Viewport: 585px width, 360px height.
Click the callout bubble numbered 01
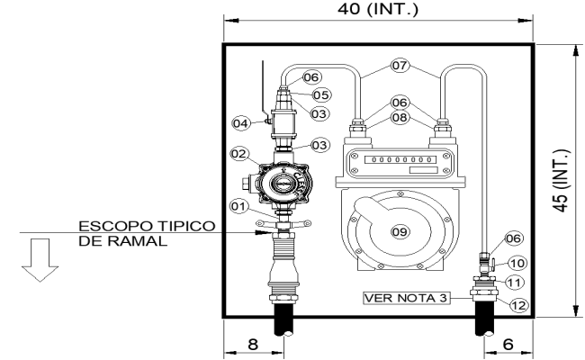(x=238, y=206)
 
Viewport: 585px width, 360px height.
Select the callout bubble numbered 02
(x=239, y=155)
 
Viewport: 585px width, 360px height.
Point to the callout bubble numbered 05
(x=319, y=94)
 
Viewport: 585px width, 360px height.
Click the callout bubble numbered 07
(x=399, y=65)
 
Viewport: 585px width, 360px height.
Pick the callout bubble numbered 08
(x=399, y=116)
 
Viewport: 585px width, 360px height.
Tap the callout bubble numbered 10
(x=516, y=263)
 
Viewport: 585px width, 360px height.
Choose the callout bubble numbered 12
(x=516, y=305)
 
